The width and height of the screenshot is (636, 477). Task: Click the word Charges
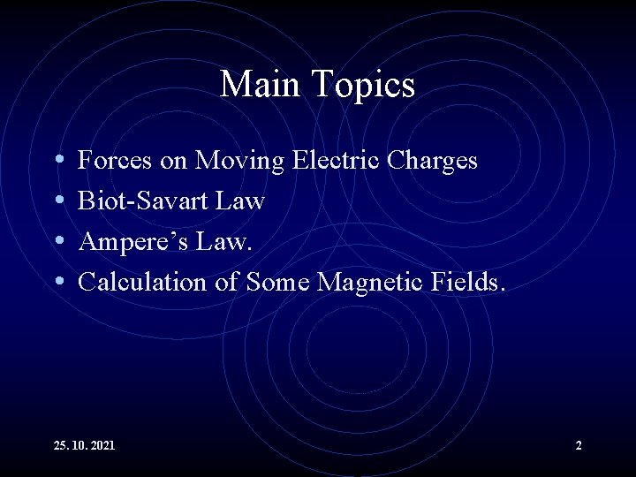(x=437, y=161)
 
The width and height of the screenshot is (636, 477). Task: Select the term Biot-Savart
(x=140, y=201)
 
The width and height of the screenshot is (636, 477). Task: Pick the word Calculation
(x=141, y=283)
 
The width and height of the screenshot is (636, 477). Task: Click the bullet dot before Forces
(x=58, y=162)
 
